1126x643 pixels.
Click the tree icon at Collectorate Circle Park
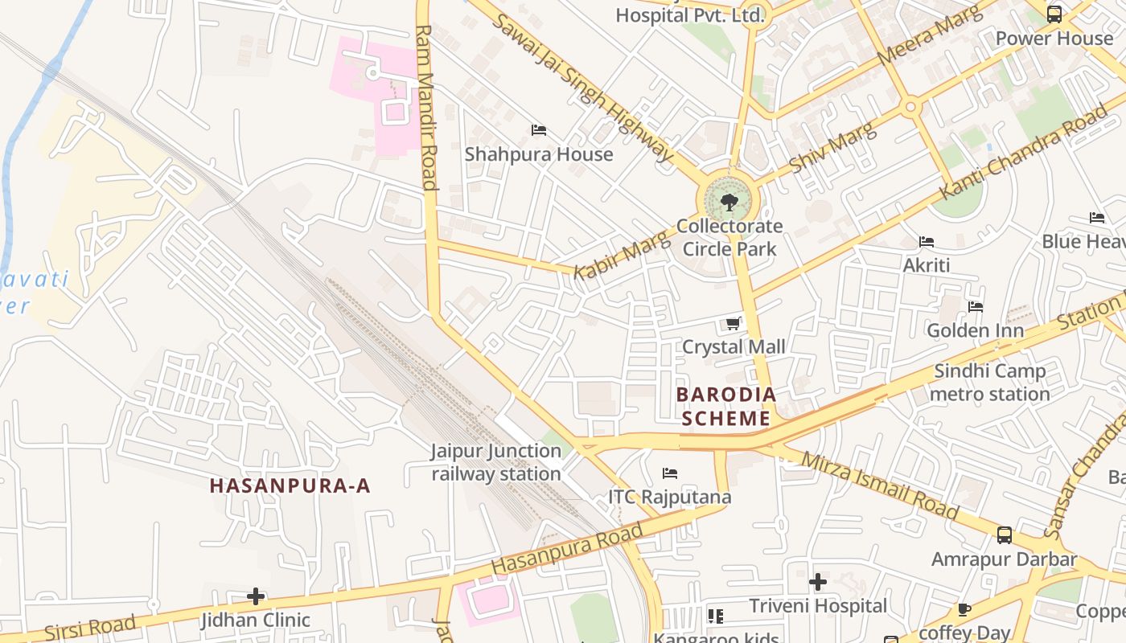(729, 202)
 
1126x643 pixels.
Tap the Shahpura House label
(539, 154)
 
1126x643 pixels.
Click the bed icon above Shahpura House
(539, 130)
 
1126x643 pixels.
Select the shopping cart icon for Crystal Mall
(733, 323)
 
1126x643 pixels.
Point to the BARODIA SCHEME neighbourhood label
(726, 407)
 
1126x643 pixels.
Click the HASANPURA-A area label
(290, 485)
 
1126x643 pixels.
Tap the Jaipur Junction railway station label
(496, 462)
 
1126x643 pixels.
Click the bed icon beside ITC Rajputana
(670, 473)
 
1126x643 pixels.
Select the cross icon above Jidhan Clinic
(256, 596)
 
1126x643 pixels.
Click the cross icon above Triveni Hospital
(818, 582)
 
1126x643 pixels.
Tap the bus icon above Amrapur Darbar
(1004, 535)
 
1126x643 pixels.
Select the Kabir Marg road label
(621, 255)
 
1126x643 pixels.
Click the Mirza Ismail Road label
(880, 485)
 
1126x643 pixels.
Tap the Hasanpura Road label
(567, 549)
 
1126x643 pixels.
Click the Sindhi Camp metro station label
(989, 383)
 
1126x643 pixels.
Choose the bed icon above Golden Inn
(976, 307)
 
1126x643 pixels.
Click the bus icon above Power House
(1054, 14)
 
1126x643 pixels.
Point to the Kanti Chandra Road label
(1023, 153)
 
